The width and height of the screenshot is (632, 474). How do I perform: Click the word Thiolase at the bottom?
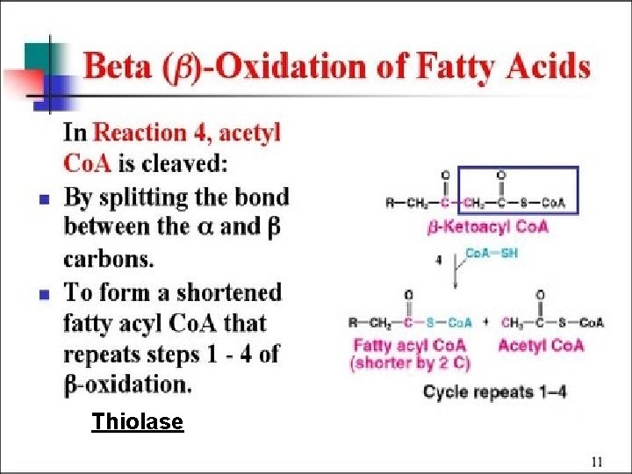tap(138, 422)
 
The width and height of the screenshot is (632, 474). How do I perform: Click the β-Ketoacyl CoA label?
tap(488, 226)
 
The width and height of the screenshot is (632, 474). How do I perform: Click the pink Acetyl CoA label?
tap(540, 345)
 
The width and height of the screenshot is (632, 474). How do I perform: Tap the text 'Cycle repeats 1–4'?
tap(494, 391)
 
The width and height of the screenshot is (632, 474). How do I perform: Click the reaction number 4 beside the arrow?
tap(438, 260)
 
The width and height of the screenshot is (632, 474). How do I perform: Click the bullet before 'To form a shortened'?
tap(43, 293)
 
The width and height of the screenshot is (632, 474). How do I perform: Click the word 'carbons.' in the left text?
tap(108, 259)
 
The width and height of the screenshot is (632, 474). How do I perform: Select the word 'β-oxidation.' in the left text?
tap(126, 384)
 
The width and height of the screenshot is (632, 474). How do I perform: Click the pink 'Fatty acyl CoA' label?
tap(407, 345)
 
